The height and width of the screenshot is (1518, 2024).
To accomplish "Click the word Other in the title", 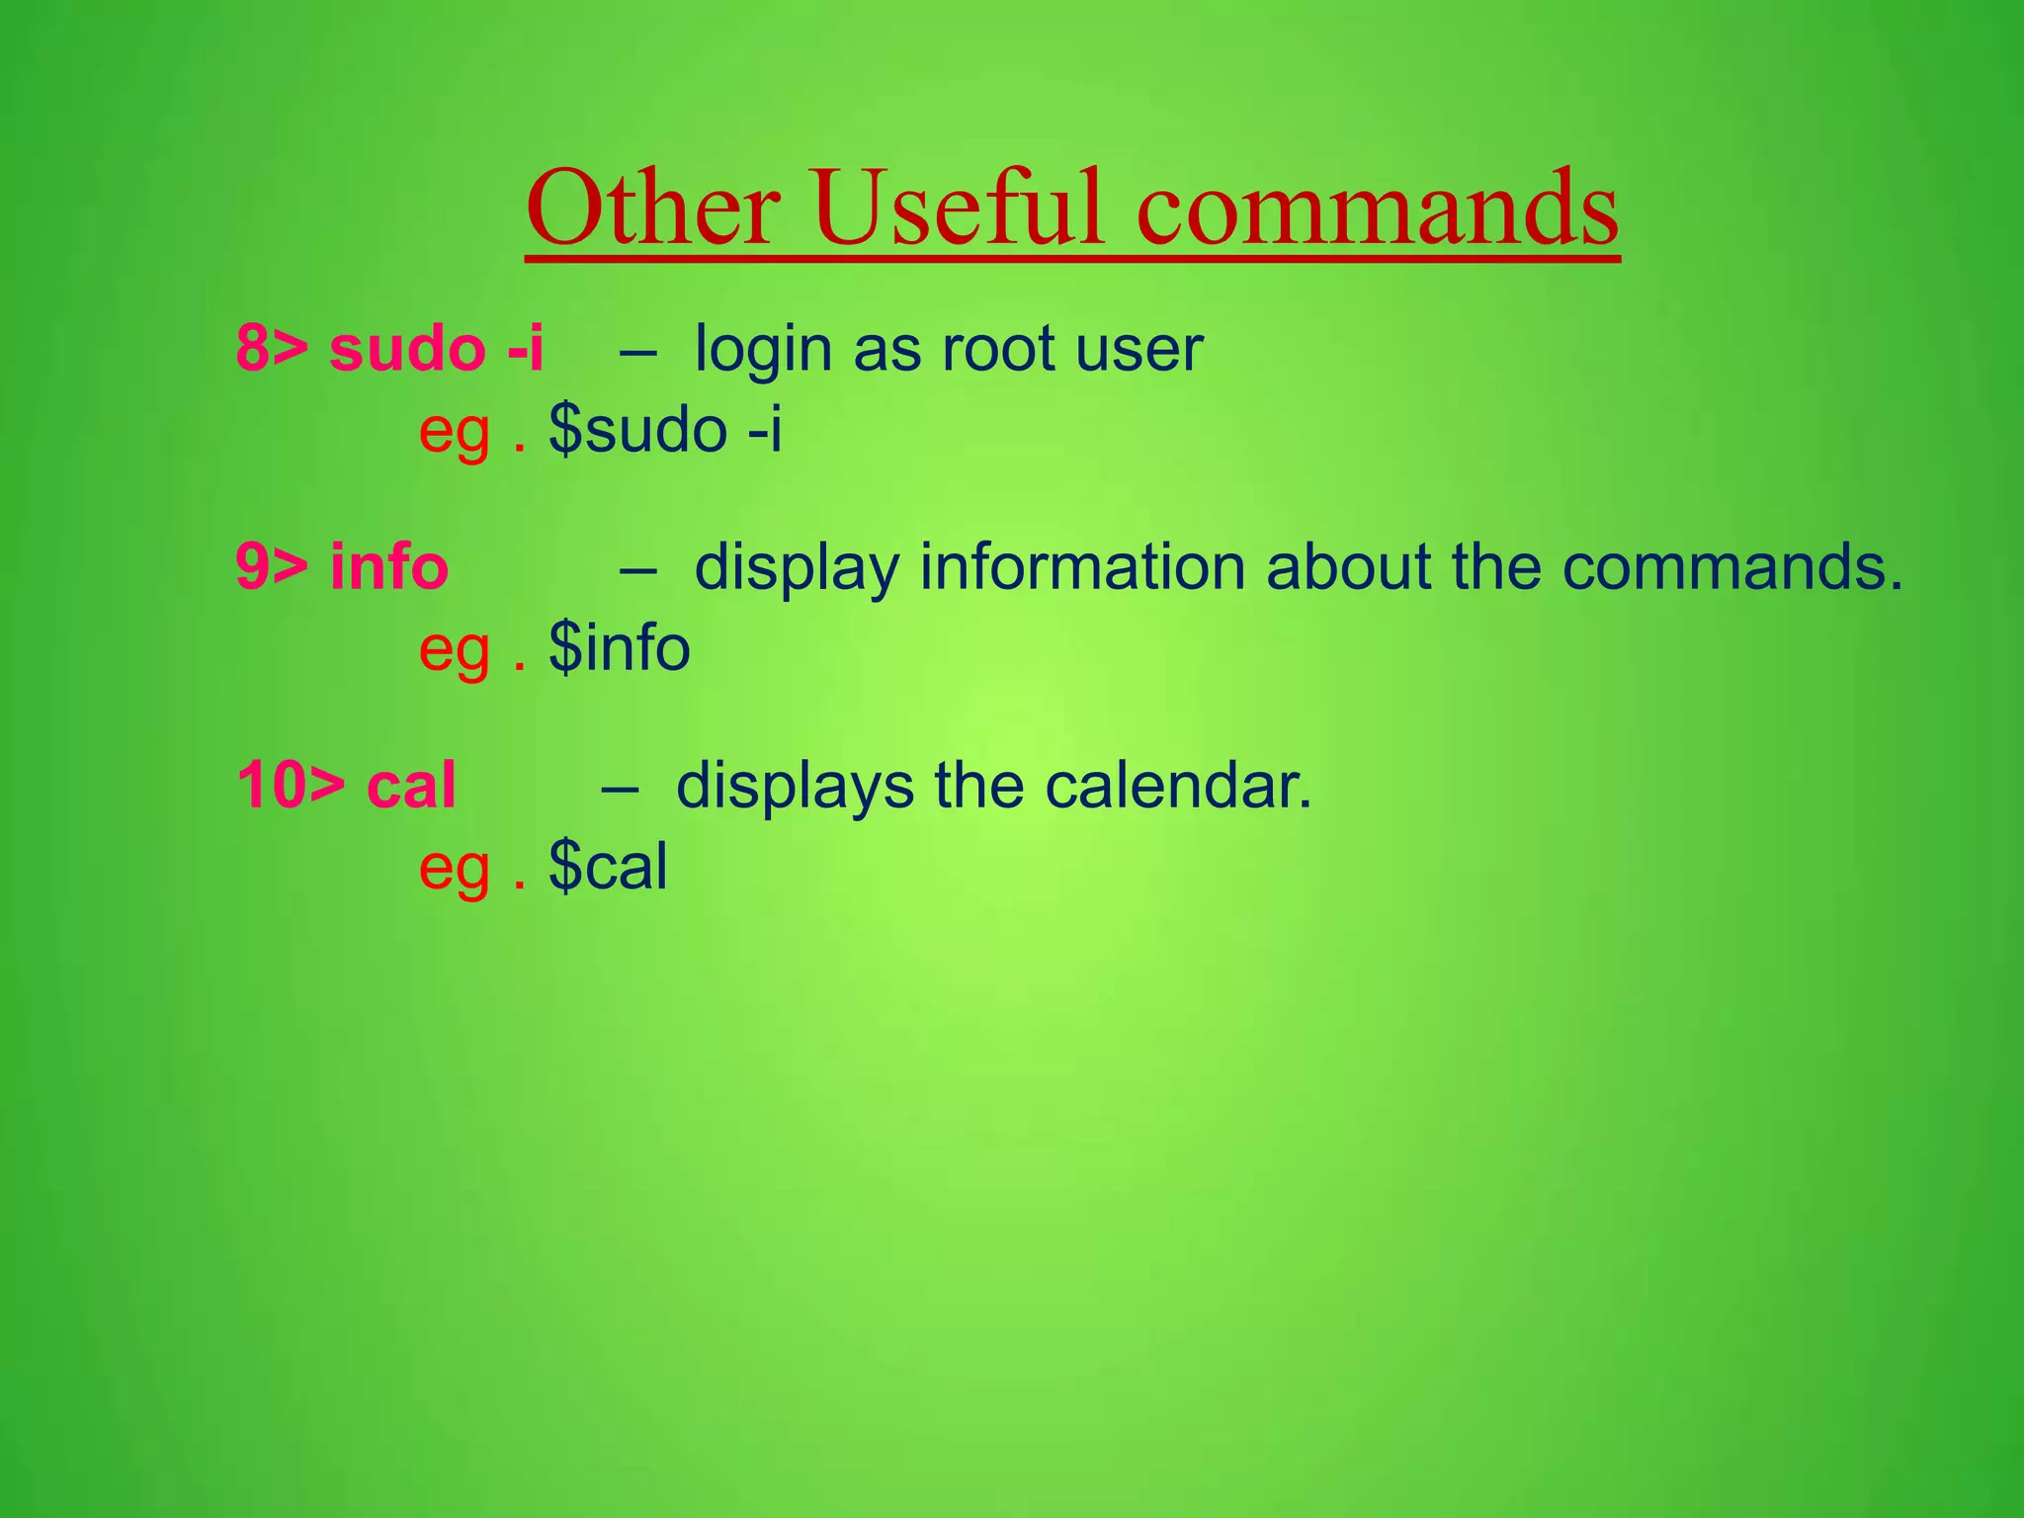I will point(652,210).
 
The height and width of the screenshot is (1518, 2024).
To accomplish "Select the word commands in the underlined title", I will point(1378,210).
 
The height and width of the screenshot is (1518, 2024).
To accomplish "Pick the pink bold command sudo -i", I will point(436,349).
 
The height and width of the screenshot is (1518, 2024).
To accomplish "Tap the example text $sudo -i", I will point(665,431).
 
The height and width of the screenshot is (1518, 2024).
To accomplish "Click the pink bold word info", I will point(388,567).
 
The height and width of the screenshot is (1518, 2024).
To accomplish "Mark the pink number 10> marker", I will point(291,787).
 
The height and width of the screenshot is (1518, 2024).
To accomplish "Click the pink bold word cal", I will point(411,787).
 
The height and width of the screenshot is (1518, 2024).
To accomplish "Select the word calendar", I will point(1178,787).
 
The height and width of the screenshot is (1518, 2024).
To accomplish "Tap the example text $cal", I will point(608,868).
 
